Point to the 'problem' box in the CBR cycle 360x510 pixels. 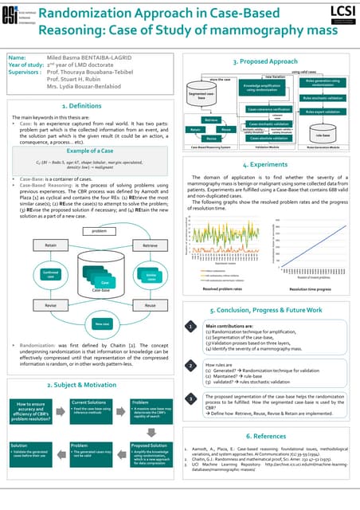click(100, 210)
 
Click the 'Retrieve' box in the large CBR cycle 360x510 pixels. click(151, 224)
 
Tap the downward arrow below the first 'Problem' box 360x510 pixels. click(148, 431)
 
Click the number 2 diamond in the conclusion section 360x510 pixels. click(191, 366)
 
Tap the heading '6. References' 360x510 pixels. click(270, 436)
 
